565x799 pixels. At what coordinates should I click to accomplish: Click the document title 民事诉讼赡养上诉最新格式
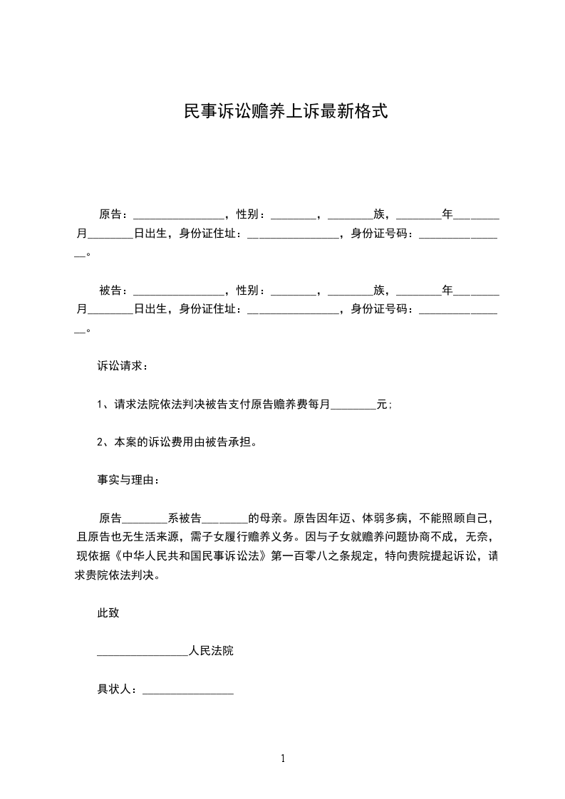click(285, 112)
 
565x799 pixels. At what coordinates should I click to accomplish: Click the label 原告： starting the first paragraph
click(114, 214)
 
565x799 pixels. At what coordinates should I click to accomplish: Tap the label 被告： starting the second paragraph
click(114, 291)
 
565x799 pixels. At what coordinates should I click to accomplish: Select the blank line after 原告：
click(178, 216)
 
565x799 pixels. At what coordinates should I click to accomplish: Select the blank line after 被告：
click(178, 293)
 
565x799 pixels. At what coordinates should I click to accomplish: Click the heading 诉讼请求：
click(123, 366)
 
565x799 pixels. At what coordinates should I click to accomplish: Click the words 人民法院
click(212, 652)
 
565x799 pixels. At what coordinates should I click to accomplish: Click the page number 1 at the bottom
click(283, 759)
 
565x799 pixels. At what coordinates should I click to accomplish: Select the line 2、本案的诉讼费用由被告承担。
click(177, 442)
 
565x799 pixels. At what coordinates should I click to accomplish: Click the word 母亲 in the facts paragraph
click(271, 518)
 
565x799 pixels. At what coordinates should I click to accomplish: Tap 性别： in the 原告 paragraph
click(252, 214)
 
